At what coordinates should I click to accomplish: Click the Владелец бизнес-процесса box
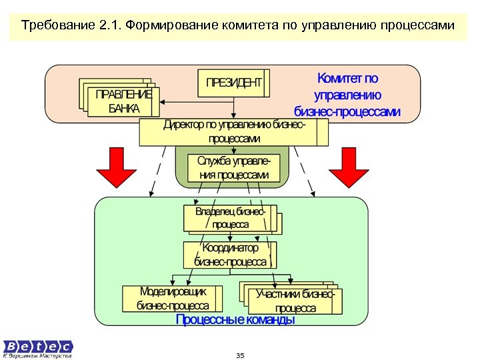pyautogui.click(x=231, y=218)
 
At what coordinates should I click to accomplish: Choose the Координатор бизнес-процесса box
pyautogui.click(x=231, y=255)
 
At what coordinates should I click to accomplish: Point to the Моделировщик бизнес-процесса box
pyautogui.click(x=173, y=299)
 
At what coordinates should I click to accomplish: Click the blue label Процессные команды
pyautogui.click(x=235, y=321)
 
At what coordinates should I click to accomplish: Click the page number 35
pyautogui.click(x=240, y=355)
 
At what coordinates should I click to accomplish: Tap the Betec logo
pyautogui.click(x=38, y=346)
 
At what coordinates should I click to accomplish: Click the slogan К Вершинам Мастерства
pyautogui.click(x=38, y=356)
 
